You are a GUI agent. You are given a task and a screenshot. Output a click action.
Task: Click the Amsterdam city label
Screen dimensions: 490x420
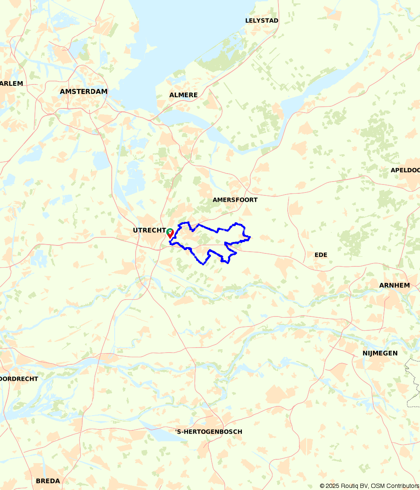point(84,92)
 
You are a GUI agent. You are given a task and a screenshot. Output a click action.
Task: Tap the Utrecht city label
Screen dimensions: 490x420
point(149,230)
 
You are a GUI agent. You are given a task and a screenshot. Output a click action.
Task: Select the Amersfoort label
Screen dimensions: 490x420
point(235,200)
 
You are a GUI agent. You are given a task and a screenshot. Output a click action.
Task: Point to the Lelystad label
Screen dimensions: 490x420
point(262,21)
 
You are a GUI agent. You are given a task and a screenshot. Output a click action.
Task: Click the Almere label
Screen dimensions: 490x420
point(183,95)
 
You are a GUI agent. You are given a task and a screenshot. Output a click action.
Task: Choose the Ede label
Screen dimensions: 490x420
point(320,255)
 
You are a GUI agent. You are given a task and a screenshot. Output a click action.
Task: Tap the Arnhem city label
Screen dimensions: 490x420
point(394,286)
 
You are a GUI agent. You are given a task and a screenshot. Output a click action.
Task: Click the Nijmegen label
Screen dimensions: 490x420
point(380,353)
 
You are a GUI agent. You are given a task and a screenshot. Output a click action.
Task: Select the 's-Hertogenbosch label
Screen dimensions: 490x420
point(209,432)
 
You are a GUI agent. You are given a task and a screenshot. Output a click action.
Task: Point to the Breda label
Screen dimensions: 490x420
point(47,481)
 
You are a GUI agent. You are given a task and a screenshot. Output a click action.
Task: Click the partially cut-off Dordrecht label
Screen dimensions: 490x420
point(19,379)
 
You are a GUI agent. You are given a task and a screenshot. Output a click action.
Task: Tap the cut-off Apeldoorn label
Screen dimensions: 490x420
point(405,170)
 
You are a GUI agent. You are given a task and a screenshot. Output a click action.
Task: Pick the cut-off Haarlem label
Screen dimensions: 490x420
point(11,84)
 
